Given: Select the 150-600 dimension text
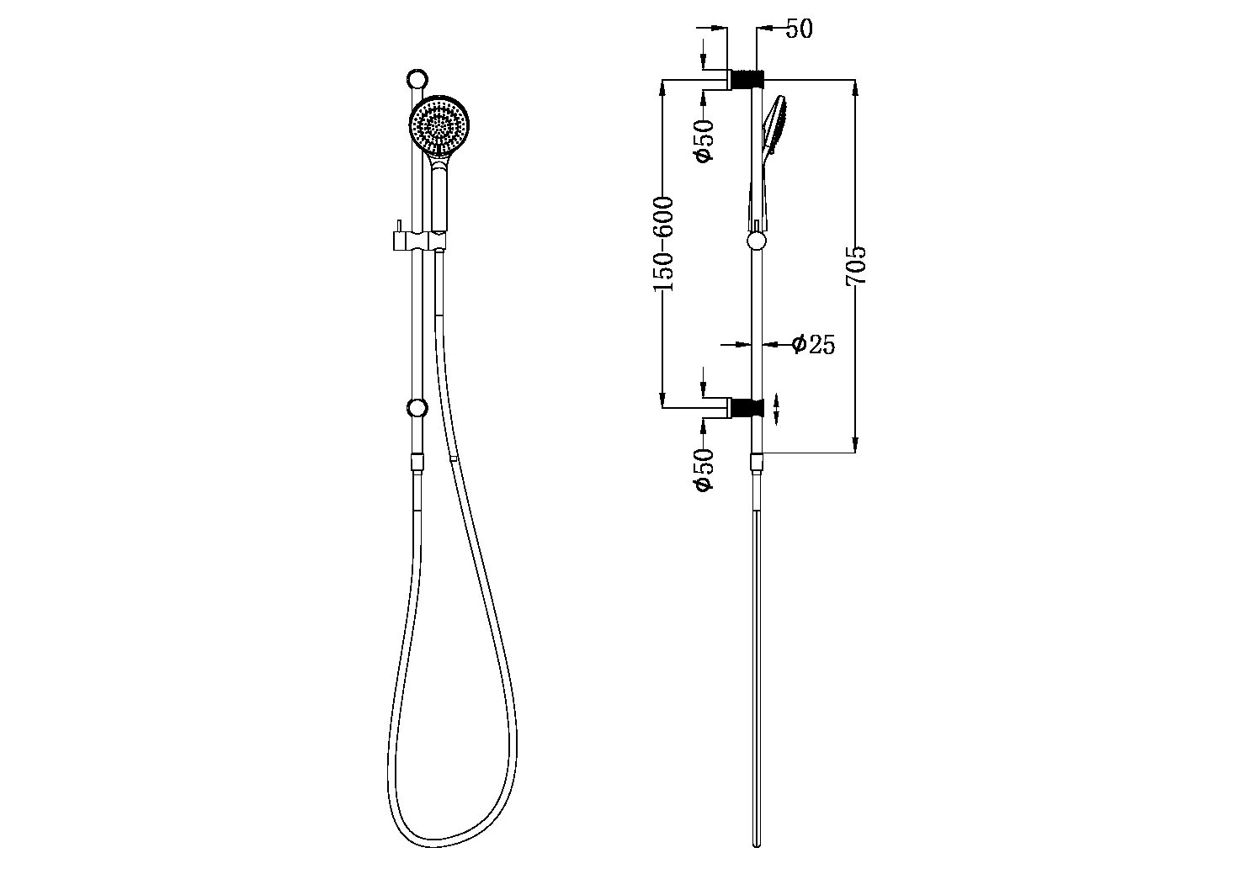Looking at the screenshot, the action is pos(663,244).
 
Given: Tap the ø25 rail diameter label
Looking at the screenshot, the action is pos(813,345).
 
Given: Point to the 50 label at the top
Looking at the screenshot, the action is pos(799,29).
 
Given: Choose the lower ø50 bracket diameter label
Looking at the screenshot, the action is pos(704,469).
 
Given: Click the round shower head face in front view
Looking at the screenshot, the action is pos(439,125).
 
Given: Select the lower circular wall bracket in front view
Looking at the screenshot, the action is pos(417,408).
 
